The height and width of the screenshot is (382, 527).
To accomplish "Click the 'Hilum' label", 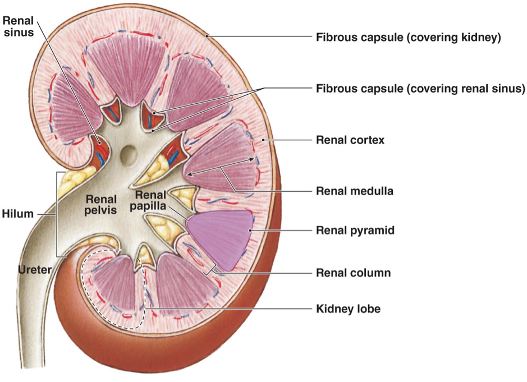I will coord(17,214).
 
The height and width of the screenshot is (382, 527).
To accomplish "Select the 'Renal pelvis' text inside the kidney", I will coord(101,205).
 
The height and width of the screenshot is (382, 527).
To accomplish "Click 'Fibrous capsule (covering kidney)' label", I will coord(408,38).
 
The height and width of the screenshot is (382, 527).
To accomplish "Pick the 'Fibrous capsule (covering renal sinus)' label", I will coord(420,89).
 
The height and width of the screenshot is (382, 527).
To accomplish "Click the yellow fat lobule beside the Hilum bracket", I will coord(72,179).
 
